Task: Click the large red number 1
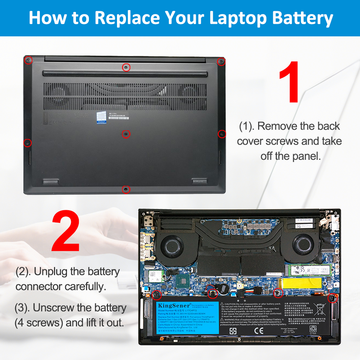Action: coord(289,82)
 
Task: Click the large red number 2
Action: coord(66,232)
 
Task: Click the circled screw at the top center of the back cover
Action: coord(126,67)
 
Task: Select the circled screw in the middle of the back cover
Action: coord(126,134)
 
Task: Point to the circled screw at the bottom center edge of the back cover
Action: coord(126,189)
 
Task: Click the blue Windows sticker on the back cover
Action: coord(101,118)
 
